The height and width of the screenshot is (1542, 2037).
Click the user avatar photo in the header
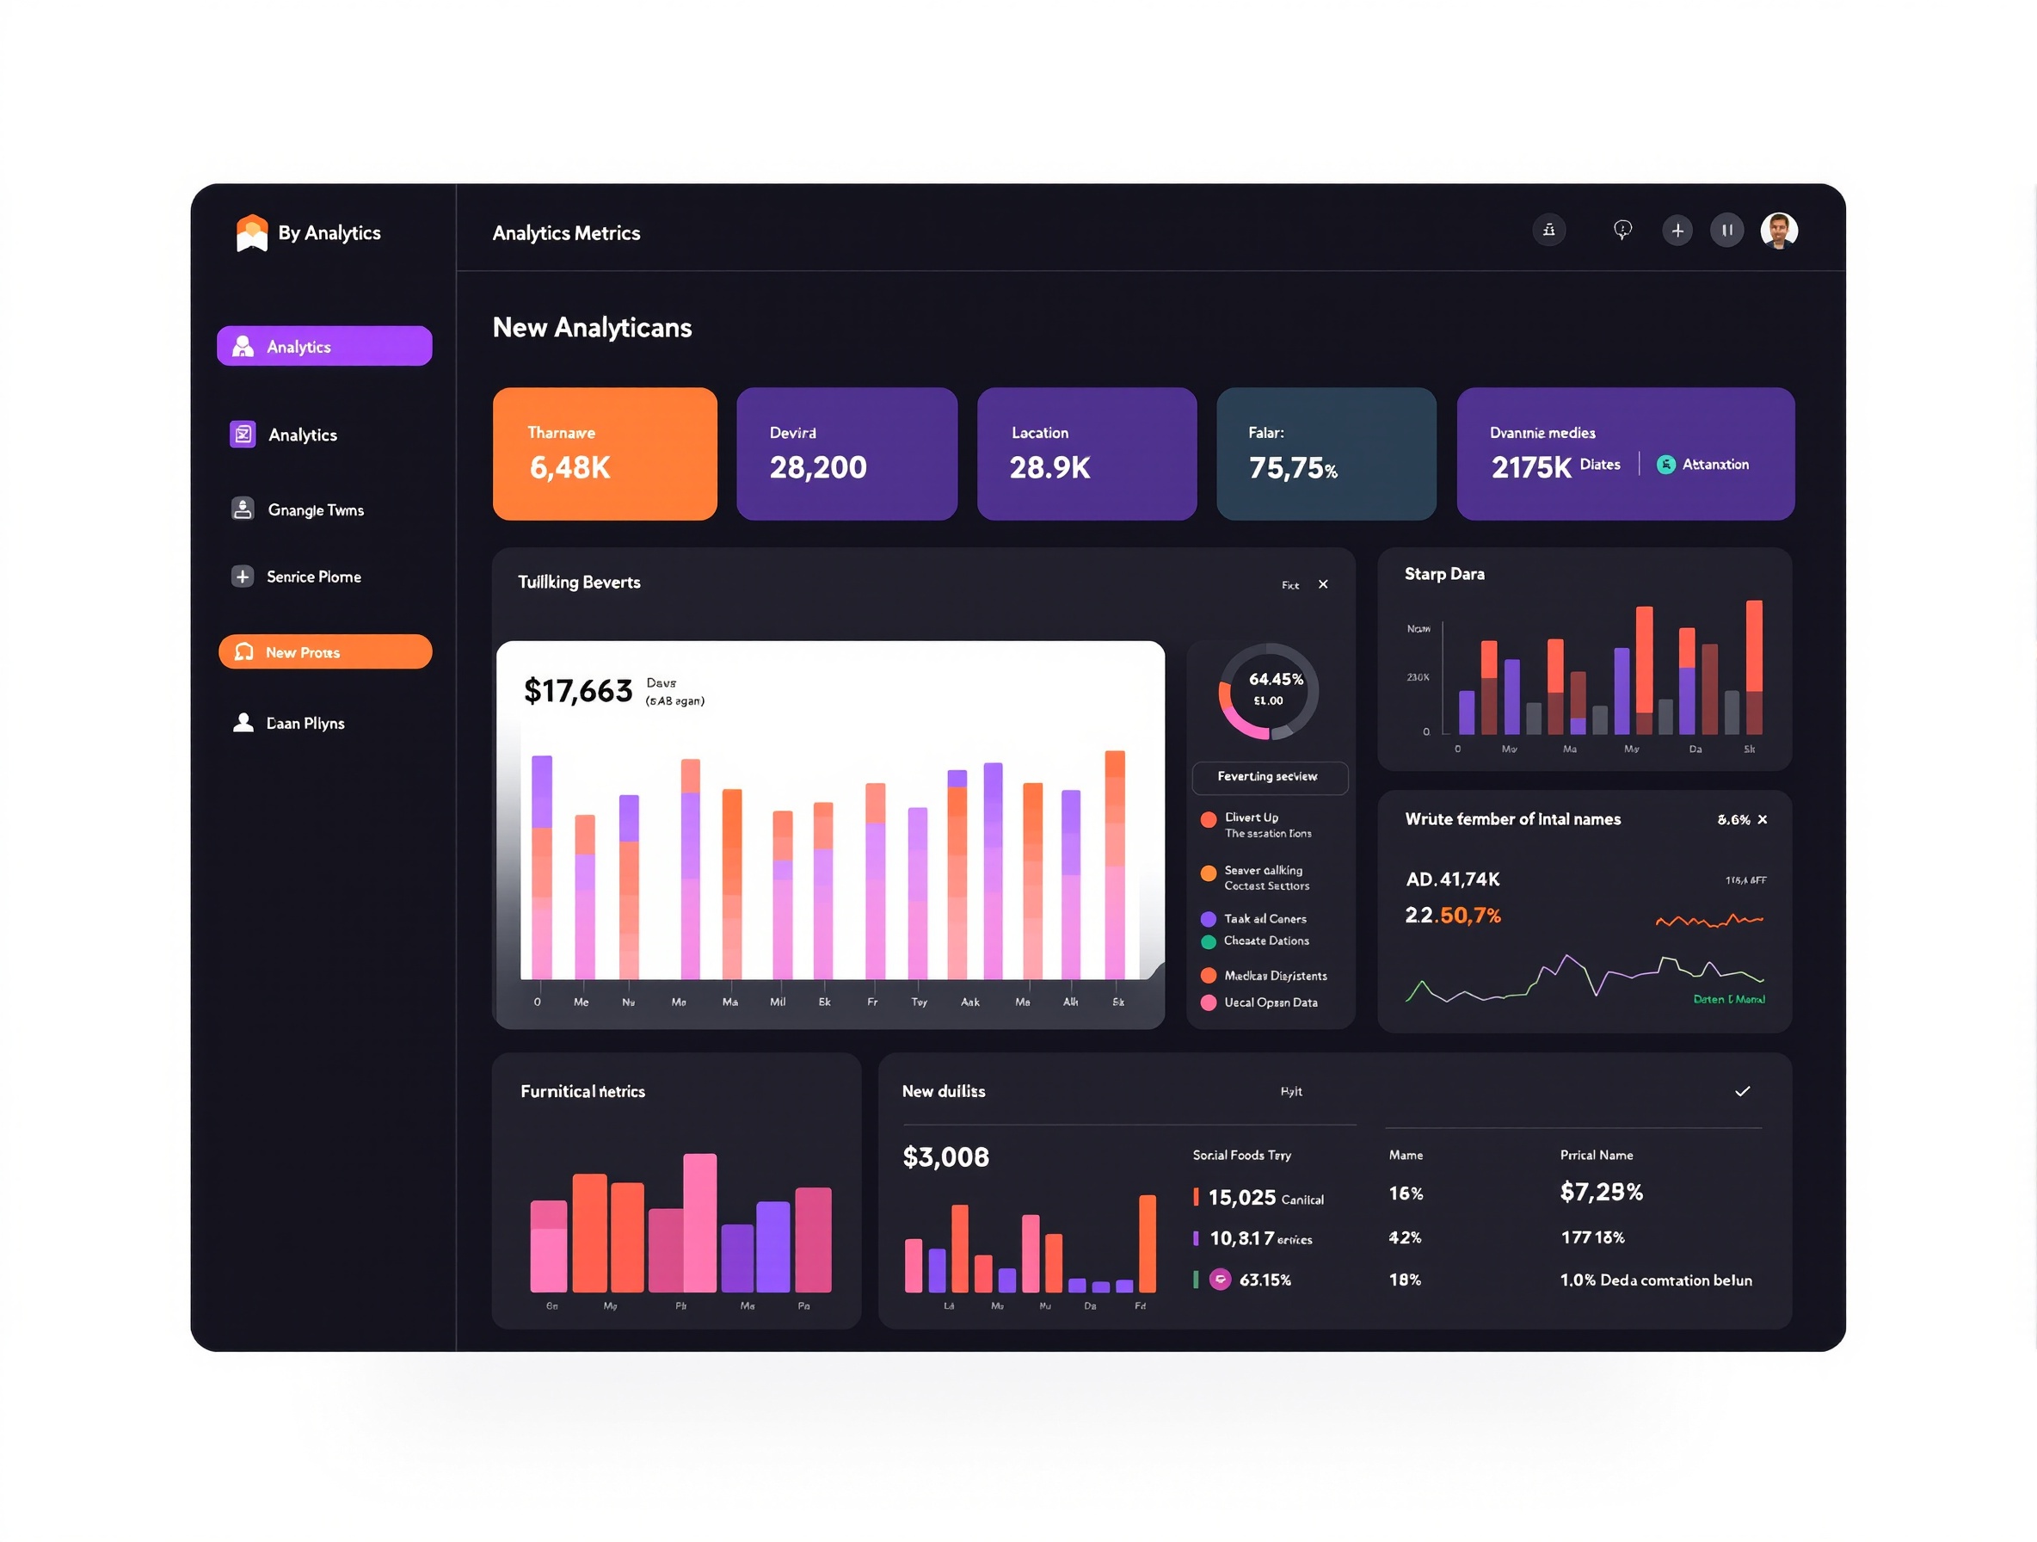[1778, 231]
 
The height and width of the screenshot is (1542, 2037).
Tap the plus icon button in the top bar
[1677, 231]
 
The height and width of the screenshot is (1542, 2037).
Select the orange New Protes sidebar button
[325, 652]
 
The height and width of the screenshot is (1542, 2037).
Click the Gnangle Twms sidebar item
[315, 510]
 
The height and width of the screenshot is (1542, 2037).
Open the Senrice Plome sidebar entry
[313, 577]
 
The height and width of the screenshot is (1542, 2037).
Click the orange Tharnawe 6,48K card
[604, 453]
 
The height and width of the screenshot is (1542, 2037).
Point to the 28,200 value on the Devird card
[818, 468]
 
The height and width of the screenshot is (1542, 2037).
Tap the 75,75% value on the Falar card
[1292, 469]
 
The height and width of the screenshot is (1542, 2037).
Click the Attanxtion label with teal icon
[1714, 465]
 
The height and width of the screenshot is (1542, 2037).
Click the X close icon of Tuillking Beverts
[1323, 584]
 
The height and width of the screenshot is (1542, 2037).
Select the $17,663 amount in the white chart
[578, 691]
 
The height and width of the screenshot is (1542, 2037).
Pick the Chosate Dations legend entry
[1265, 941]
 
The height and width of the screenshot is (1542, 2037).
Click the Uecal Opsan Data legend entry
[1270, 1002]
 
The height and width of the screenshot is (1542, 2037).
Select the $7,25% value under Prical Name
[1601, 1192]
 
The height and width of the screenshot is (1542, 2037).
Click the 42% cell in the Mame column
[1405, 1237]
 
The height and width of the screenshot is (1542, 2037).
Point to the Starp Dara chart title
[1444, 574]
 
